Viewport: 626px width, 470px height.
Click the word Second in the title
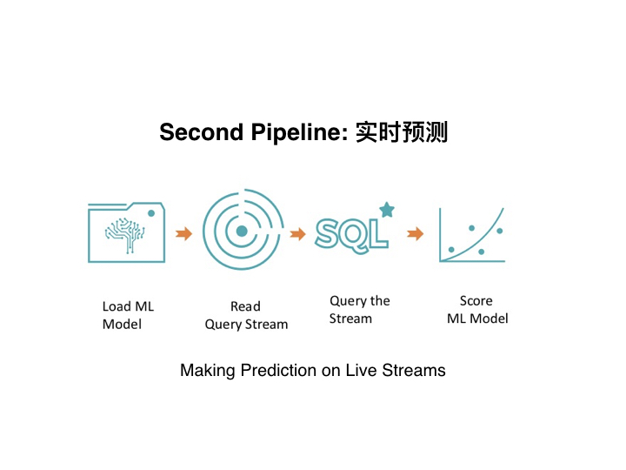(x=201, y=132)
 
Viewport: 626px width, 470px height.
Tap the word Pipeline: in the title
(x=300, y=132)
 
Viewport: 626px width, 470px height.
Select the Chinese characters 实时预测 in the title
(x=402, y=132)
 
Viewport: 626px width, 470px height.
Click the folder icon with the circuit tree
(x=127, y=232)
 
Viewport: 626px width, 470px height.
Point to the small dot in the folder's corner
(x=151, y=213)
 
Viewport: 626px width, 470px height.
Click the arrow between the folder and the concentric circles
(x=183, y=233)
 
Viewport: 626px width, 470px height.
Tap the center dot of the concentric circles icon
(x=242, y=231)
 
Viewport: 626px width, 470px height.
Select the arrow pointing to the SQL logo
(x=298, y=234)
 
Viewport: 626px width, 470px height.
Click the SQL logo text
(x=351, y=236)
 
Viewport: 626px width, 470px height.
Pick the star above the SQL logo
(x=387, y=210)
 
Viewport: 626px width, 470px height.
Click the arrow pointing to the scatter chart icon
(x=416, y=233)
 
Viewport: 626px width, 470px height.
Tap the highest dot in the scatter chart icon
(x=472, y=228)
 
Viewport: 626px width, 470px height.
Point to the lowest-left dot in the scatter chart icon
(x=451, y=250)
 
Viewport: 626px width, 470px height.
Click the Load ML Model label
(x=128, y=315)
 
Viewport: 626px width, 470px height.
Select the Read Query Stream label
(x=246, y=315)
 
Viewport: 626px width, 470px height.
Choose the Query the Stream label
(x=360, y=310)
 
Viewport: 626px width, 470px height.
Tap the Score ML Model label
(x=477, y=310)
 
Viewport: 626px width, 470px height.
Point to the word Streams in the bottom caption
(x=414, y=370)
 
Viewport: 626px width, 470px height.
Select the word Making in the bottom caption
(x=208, y=371)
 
